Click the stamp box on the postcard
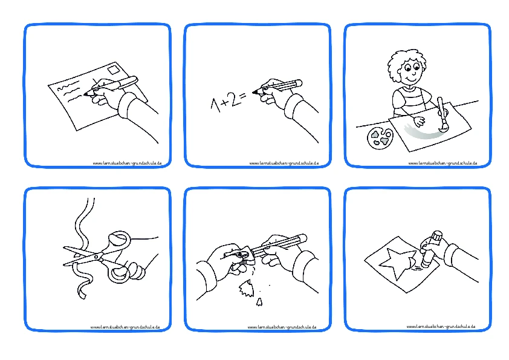114,70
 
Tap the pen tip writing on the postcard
86,94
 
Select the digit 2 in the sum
235,99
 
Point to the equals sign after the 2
244,96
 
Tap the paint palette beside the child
380,138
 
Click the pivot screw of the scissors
96,257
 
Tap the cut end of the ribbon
82,295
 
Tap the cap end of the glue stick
437,236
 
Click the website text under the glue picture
441,326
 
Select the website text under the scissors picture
125,327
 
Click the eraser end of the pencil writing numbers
298,83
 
